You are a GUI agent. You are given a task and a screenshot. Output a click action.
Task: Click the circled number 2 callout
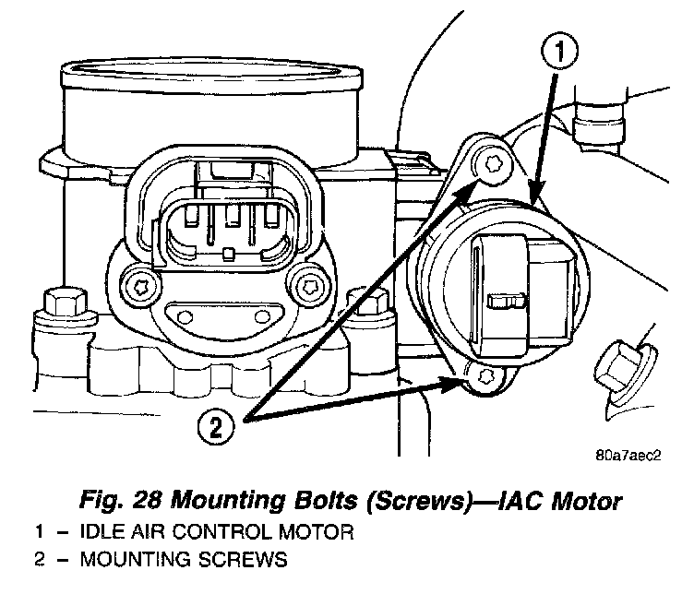[x=216, y=427]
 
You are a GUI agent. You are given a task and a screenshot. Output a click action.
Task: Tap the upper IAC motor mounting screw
[x=492, y=165]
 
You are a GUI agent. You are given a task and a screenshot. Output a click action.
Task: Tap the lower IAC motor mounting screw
[x=485, y=376]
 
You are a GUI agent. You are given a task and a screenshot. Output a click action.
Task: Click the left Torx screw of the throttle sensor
[x=141, y=287]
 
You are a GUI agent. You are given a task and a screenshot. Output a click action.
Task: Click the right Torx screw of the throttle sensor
[x=307, y=287]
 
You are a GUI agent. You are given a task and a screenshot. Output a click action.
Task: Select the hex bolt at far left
[x=66, y=303]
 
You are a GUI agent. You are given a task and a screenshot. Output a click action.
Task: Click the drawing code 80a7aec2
[x=628, y=455]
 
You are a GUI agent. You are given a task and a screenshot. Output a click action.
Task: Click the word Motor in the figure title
[x=586, y=501]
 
